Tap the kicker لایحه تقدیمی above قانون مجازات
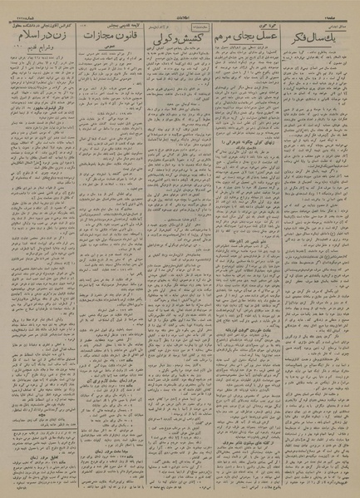point(112,26)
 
